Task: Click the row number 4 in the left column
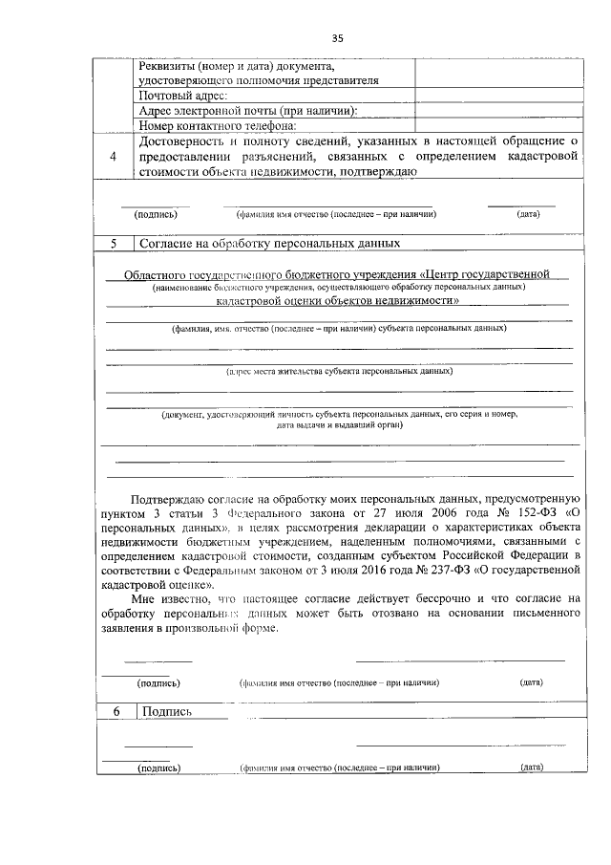(x=114, y=157)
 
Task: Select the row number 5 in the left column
(x=114, y=244)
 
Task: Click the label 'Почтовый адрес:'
(x=183, y=96)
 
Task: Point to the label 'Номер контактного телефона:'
(x=218, y=125)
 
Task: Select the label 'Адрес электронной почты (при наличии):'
(x=247, y=111)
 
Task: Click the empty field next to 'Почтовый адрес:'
(x=496, y=96)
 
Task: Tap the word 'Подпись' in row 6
(x=167, y=712)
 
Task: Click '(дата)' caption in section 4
(x=529, y=215)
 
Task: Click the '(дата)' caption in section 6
(x=532, y=768)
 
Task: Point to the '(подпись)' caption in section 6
(x=159, y=768)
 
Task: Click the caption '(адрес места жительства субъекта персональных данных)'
(x=339, y=370)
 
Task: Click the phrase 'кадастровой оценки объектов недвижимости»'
(x=338, y=300)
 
